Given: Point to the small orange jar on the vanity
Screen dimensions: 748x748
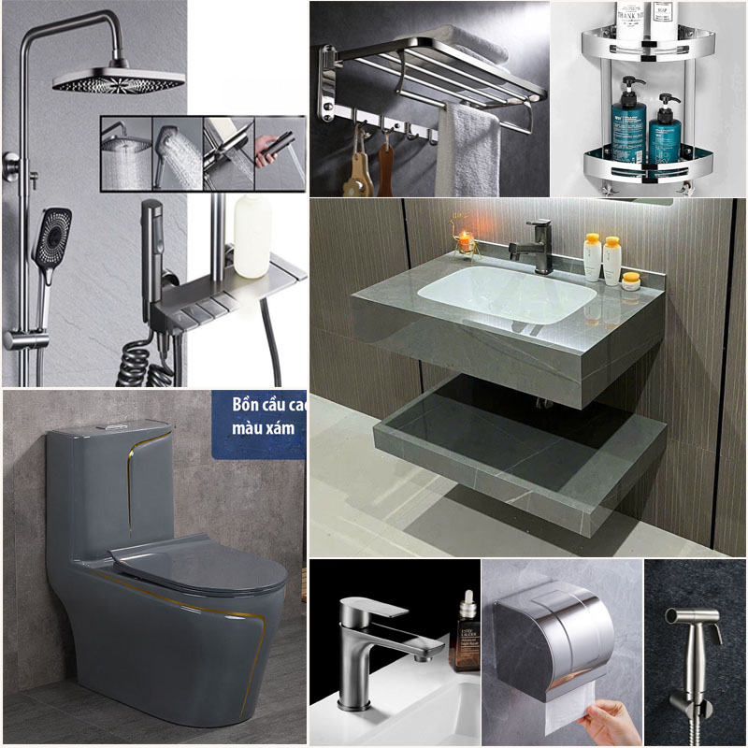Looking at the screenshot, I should (x=631, y=278).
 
